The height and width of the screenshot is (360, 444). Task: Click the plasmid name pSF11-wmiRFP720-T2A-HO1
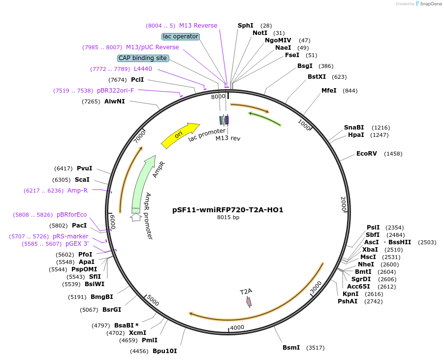pyautogui.click(x=228, y=209)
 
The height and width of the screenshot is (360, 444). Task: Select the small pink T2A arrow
pyautogui.click(x=249, y=301)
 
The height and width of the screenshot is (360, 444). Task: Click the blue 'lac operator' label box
pyautogui.click(x=180, y=36)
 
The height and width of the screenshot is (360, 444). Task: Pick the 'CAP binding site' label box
pyautogui.click(x=143, y=58)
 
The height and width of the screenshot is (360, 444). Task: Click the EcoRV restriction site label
pyautogui.click(x=366, y=154)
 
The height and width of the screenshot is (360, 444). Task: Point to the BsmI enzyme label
pyautogui.click(x=291, y=348)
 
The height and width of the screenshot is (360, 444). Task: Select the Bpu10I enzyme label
pyautogui.click(x=164, y=351)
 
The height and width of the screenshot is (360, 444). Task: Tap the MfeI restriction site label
pyautogui.click(x=329, y=91)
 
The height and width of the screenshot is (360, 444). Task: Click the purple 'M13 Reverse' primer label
pyautogui.click(x=198, y=26)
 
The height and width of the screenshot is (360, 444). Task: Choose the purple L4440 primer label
pyautogui.click(x=143, y=69)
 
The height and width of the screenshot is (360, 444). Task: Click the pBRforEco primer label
pyautogui.click(x=71, y=215)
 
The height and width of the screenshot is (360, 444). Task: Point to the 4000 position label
pyautogui.click(x=237, y=327)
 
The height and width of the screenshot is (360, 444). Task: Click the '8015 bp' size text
pyautogui.click(x=228, y=217)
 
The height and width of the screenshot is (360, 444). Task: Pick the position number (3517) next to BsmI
pyautogui.click(x=315, y=348)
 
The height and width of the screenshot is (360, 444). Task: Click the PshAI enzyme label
pyautogui.click(x=347, y=301)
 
